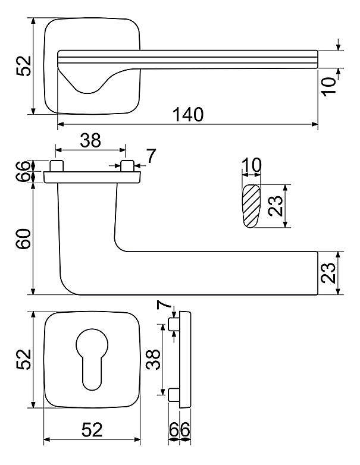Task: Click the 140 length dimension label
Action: click(x=188, y=115)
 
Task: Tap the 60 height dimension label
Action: click(x=24, y=238)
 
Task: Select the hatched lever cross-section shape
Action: click(x=251, y=206)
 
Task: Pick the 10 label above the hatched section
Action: click(x=251, y=165)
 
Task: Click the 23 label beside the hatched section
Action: click(x=275, y=206)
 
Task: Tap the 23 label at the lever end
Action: click(x=328, y=273)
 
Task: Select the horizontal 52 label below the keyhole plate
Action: click(x=92, y=430)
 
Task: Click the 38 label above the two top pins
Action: click(x=90, y=140)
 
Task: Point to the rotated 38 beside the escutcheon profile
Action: click(x=154, y=359)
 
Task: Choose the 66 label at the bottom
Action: click(x=179, y=429)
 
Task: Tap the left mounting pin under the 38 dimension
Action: click(x=57, y=166)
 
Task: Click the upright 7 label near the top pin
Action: click(x=151, y=156)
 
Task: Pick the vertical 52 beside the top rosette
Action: click(x=24, y=66)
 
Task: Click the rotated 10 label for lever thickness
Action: click(x=329, y=86)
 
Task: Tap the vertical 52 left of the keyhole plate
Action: click(x=24, y=359)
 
